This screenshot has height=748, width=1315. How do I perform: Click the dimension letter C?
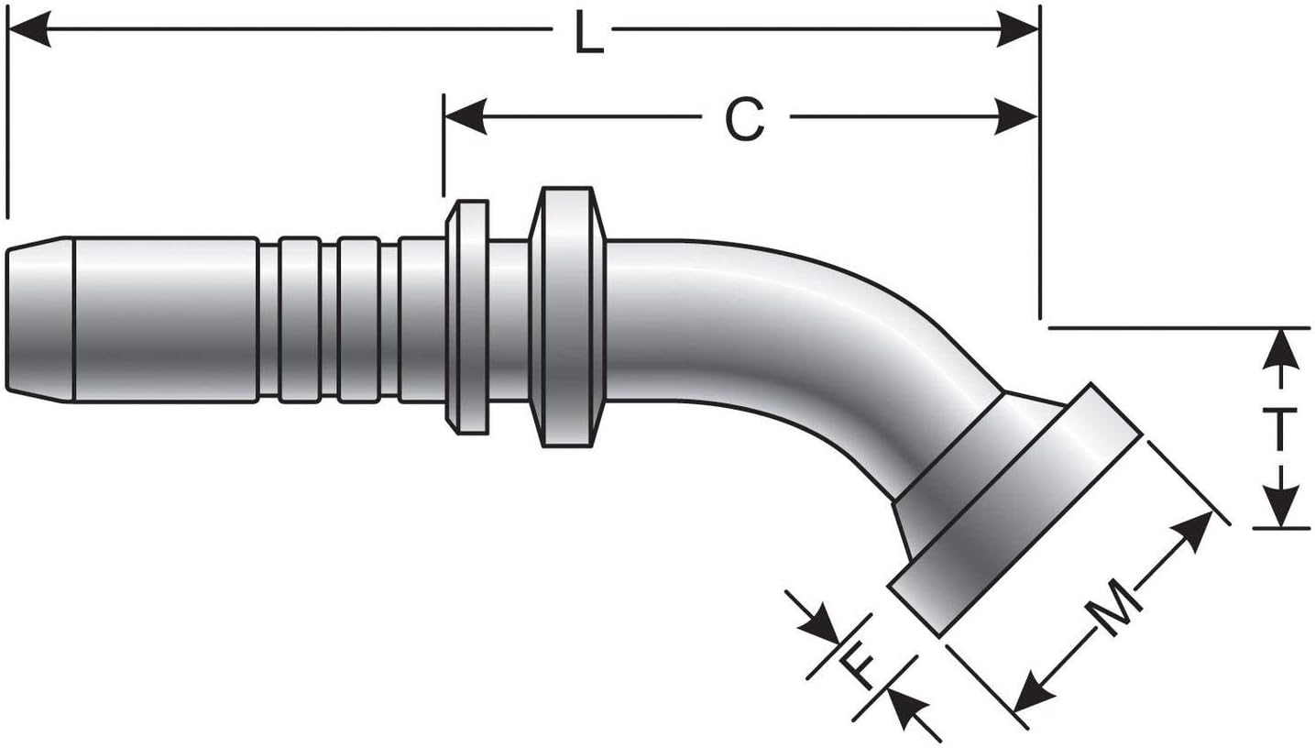click(744, 120)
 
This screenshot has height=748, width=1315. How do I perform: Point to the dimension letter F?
click(860, 668)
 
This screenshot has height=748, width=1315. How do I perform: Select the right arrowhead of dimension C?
click(1017, 117)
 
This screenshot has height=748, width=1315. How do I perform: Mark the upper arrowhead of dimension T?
click(1280, 348)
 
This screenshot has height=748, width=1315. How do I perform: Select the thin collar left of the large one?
click(468, 317)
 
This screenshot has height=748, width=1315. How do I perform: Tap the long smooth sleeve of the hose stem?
click(165, 319)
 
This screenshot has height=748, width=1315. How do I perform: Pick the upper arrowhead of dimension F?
click(819, 627)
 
